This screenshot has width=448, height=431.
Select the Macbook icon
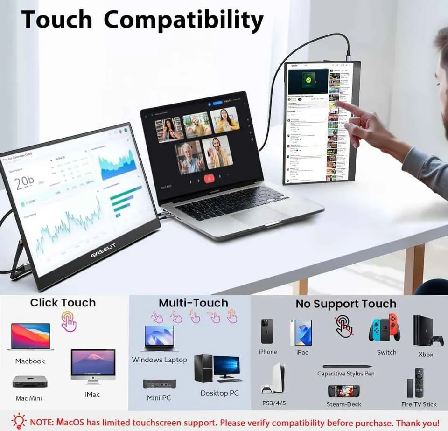[30, 337]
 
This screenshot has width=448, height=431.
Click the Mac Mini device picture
[30, 382]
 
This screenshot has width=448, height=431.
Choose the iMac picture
[93, 366]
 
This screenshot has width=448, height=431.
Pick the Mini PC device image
[159, 384]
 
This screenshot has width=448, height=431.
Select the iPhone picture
[267, 331]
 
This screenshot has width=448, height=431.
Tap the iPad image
[301, 332]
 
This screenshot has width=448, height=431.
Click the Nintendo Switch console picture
[385, 329]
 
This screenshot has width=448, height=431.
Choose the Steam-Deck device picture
[343, 391]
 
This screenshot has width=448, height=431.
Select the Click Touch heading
[63, 303]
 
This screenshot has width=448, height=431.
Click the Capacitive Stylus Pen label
[346, 374]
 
